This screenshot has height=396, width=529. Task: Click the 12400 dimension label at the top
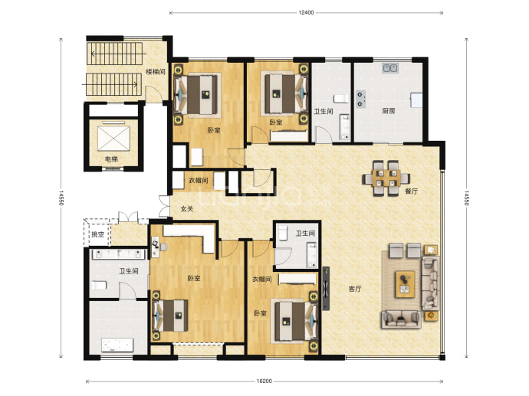pyautogui.click(x=306, y=13)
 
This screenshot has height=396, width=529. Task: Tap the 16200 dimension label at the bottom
pyautogui.click(x=264, y=381)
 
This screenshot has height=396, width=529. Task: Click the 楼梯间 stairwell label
pyautogui.click(x=155, y=72)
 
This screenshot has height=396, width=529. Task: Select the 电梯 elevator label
pyautogui.click(x=111, y=159)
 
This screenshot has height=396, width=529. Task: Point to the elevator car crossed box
pyautogui.click(x=113, y=139)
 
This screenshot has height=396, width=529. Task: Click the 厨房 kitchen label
pyautogui.click(x=388, y=111)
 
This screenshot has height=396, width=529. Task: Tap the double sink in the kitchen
pyautogui.click(x=390, y=68)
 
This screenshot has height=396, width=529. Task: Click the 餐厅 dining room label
pyautogui.click(x=411, y=191)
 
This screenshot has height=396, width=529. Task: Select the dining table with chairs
pyautogui.click(x=386, y=178)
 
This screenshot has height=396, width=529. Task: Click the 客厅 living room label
pyautogui.click(x=354, y=289)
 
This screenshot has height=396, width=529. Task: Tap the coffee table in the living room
pyautogui.click(x=406, y=283)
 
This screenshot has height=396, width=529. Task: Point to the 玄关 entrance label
pyautogui.click(x=186, y=209)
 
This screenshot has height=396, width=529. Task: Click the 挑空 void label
pyautogui.click(x=97, y=234)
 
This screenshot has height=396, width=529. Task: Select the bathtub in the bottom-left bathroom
pyautogui.click(x=117, y=345)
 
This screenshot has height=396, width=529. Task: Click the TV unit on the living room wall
pyautogui.click(x=326, y=288)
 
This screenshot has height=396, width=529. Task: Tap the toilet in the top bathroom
pyautogui.click(x=341, y=98)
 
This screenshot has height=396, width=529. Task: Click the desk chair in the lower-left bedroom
pyautogui.click(x=163, y=247)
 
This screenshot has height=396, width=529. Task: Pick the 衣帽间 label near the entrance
pyautogui.click(x=198, y=181)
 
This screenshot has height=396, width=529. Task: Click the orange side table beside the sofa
pyautogui.click(x=431, y=316)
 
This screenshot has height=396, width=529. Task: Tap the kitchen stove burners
pyautogui.click(x=360, y=100)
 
